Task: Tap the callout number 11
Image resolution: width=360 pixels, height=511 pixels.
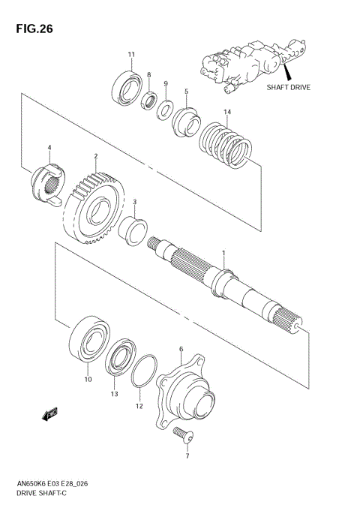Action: tap(130, 54)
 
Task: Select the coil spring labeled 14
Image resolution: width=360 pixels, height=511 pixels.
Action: tap(226, 143)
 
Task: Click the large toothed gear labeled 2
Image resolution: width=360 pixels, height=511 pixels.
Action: tap(93, 206)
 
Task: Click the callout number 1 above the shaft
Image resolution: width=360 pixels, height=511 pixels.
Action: tap(222, 253)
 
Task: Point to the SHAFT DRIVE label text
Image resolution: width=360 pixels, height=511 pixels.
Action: tap(289, 86)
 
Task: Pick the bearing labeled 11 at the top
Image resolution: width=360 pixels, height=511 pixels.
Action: tap(126, 86)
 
